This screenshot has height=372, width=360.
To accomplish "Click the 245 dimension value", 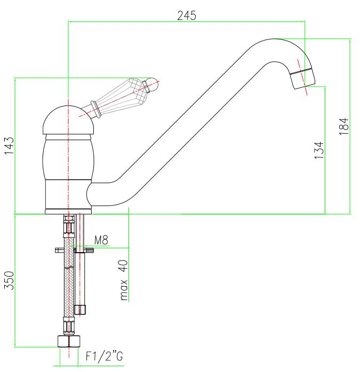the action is [187, 15].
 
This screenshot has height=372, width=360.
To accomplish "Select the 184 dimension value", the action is [344, 126].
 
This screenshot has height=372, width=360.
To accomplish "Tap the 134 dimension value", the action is [319, 150].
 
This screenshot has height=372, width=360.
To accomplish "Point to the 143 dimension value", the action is [10, 145].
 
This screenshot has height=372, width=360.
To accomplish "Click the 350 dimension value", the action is [9, 280].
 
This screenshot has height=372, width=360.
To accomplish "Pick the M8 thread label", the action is [101, 240].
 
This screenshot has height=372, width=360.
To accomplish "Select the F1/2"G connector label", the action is [104, 356].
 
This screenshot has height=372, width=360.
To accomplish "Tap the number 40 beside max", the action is [124, 265].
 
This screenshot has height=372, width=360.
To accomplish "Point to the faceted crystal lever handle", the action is [119, 97].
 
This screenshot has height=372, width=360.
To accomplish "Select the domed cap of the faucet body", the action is [68, 120].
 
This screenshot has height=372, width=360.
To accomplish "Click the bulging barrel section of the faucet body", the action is [68, 159].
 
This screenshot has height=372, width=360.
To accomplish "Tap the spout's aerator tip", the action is [303, 79].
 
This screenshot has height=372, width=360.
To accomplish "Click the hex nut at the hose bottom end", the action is [69, 342].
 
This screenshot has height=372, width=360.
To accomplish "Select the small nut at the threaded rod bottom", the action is [80, 310].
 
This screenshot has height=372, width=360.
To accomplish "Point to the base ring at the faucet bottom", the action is [68, 212].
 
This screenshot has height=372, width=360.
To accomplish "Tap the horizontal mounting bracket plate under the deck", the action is [74, 250].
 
